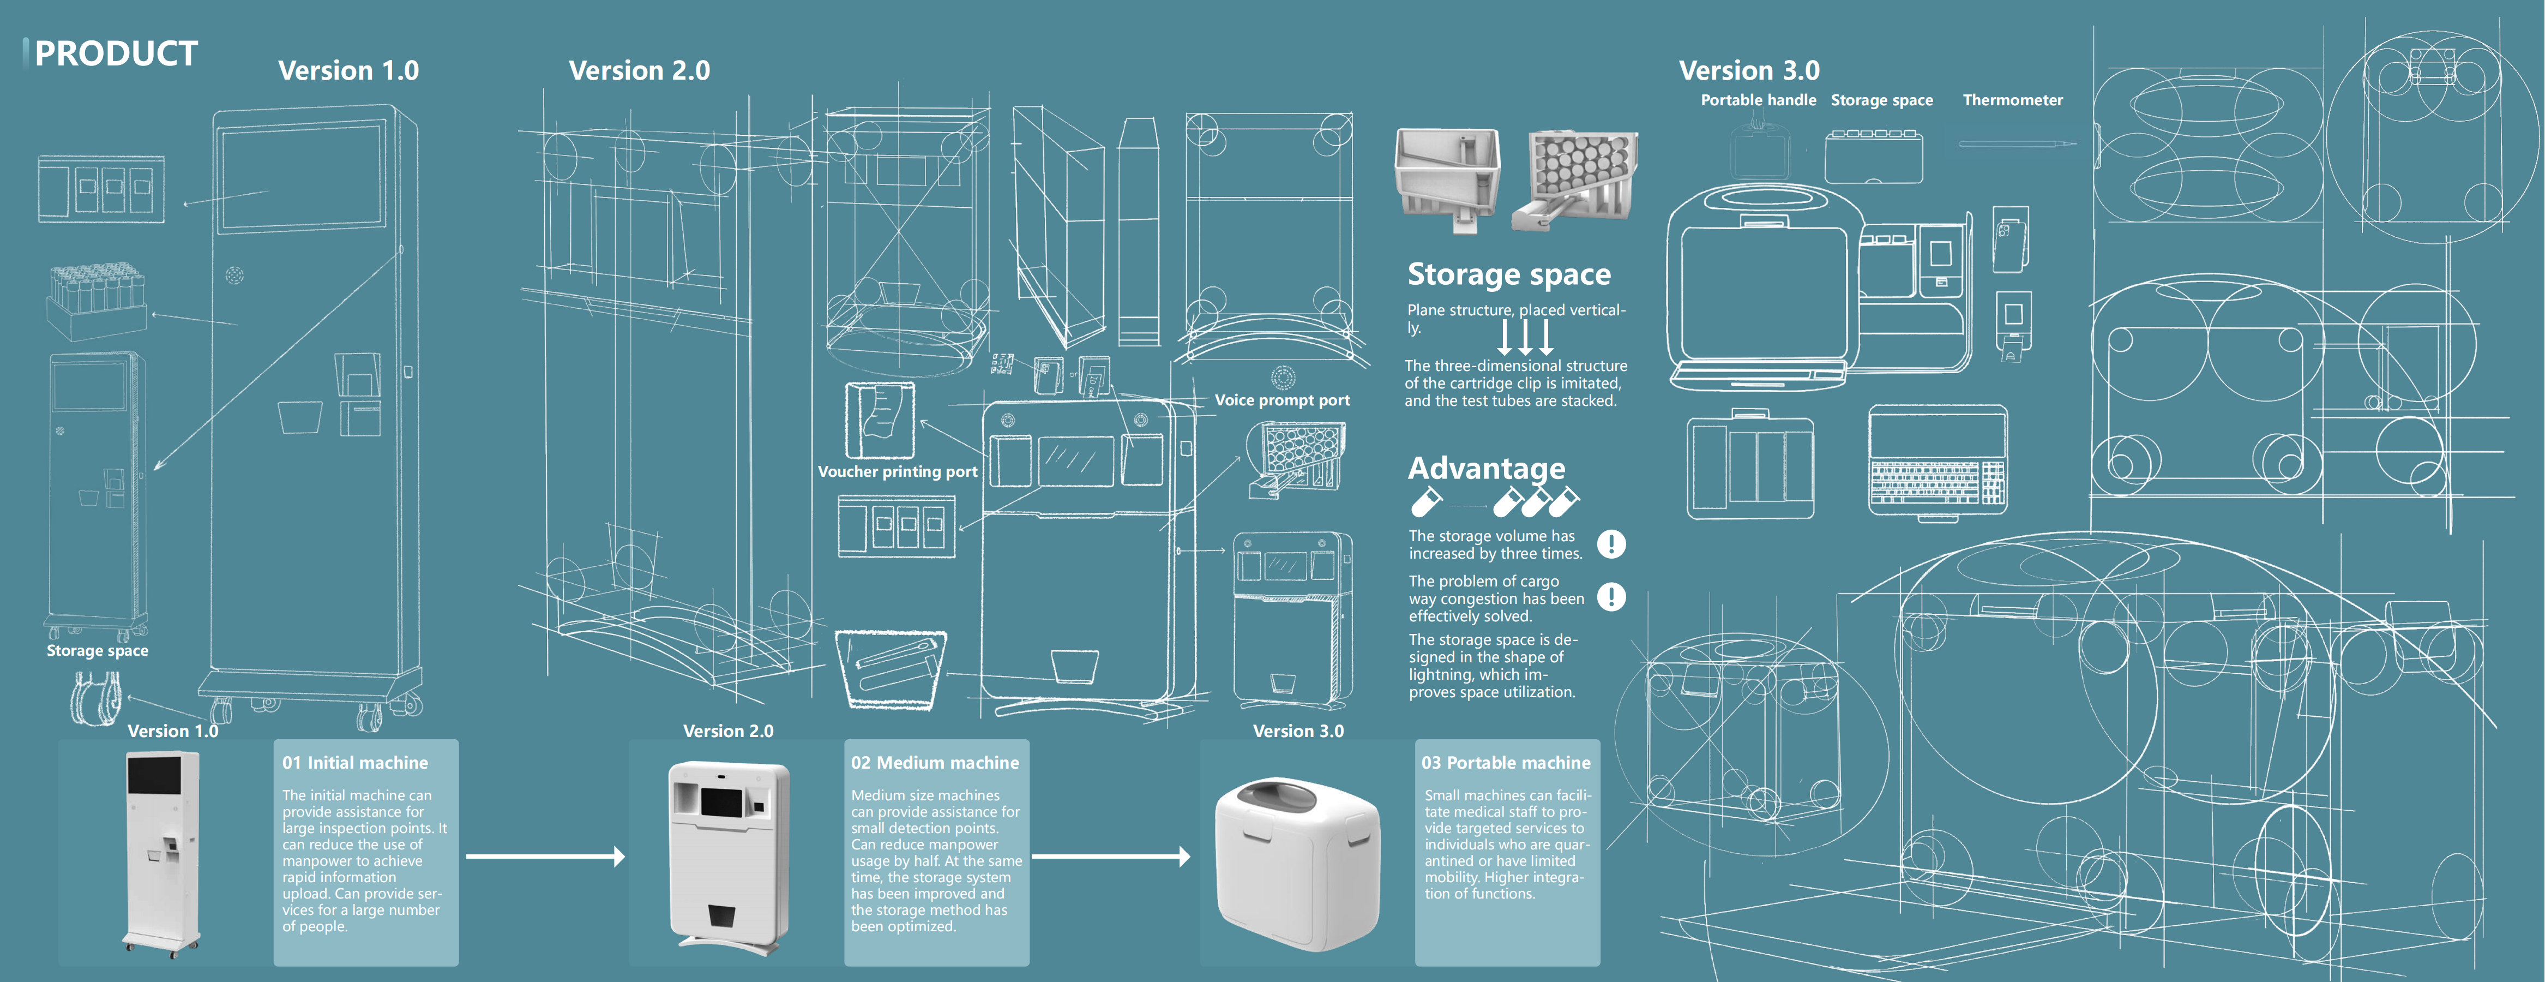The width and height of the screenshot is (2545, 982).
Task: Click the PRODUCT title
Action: [116, 53]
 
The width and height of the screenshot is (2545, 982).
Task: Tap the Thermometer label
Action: [2012, 100]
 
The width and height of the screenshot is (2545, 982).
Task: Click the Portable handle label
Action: [1758, 100]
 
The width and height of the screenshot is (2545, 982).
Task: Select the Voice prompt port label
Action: [1281, 400]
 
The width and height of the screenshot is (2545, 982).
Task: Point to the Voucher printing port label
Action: [897, 471]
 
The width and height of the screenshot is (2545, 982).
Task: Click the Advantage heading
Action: [1486, 468]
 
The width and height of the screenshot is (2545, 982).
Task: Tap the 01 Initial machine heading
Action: [354, 763]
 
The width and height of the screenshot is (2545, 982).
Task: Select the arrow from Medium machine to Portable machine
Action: [1110, 857]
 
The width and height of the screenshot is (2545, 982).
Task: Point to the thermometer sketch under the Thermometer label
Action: [2015, 144]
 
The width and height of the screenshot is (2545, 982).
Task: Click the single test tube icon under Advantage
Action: [1425, 503]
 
